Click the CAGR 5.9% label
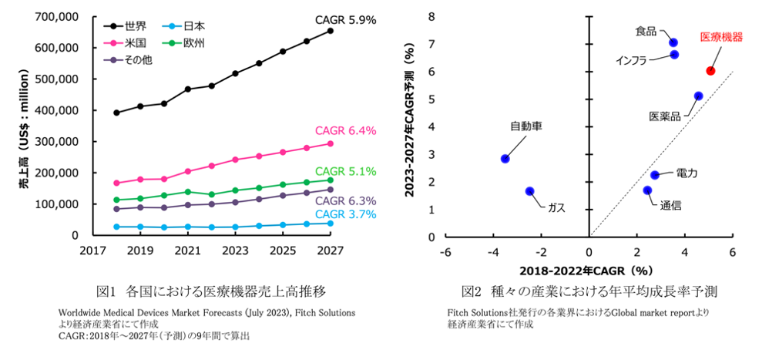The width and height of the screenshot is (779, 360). click(x=345, y=19)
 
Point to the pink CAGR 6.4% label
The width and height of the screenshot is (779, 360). click(x=345, y=131)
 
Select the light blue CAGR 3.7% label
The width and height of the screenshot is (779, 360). click(x=345, y=214)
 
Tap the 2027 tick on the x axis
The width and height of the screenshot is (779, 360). click(x=330, y=251)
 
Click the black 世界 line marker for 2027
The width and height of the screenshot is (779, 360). click(x=330, y=31)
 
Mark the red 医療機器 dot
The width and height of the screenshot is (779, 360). click(x=710, y=71)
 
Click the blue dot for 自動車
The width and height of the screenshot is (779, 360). click(x=505, y=159)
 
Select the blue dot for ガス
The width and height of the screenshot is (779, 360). click(x=529, y=191)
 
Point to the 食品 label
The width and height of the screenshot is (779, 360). click(x=646, y=32)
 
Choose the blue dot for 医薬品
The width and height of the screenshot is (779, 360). click(x=698, y=96)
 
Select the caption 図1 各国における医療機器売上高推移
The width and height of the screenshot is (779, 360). click(x=210, y=292)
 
